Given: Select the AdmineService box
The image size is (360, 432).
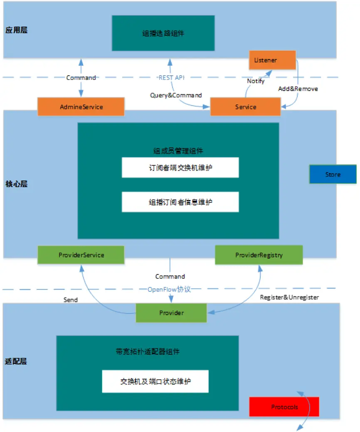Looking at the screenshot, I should pyautogui.click(x=81, y=107).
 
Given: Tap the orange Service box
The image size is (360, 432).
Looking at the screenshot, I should pyautogui.click(x=245, y=107).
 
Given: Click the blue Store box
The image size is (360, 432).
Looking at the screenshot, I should pyautogui.click(x=333, y=175).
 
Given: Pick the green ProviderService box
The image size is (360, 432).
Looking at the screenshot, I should pyautogui.click(x=81, y=255).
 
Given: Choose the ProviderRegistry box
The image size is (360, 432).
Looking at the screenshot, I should pyautogui.click(x=259, y=255).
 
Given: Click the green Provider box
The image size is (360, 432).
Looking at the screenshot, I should pyautogui.click(x=171, y=313).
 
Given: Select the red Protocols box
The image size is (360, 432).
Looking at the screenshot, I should pyautogui.click(x=284, y=407).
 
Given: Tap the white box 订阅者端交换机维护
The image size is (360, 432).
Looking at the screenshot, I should pyautogui.click(x=180, y=168).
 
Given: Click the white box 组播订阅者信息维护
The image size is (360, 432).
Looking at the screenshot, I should pyautogui.click(x=180, y=202).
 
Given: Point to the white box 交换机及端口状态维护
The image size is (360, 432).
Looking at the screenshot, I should pyautogui.click(x=155, y=381).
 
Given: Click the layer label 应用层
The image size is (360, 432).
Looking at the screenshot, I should pyautogui.click(x=17, y=30).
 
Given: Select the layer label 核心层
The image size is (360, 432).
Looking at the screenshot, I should pyautogui.click(x=17, y=184).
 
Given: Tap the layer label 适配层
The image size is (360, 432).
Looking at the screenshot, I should pyautogui.click(x=17, y=361).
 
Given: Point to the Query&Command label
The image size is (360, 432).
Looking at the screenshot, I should pyautogui.click(x=176, y=95).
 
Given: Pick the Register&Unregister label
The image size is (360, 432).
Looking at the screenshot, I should pyautogui.click(x=289, y=297).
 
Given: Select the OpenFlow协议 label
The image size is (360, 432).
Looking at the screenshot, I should pyautogui.click(x=169, y=289).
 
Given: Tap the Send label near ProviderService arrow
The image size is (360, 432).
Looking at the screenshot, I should pyautogui.click(x=70, y=299).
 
